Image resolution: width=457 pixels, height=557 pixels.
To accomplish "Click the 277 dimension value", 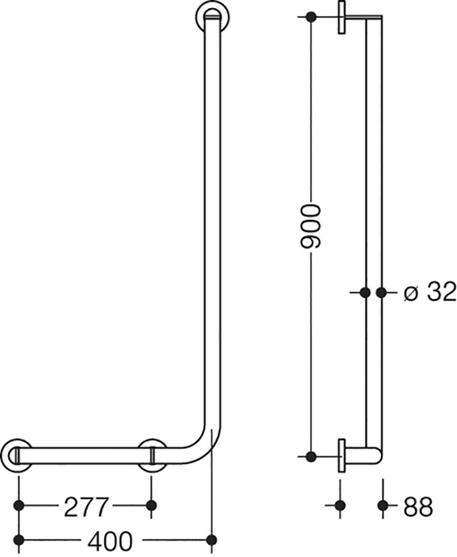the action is click(86, 507).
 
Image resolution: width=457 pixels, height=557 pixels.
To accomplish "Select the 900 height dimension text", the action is click(311, 226).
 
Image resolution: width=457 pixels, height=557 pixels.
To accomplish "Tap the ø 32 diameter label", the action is click(430, 293).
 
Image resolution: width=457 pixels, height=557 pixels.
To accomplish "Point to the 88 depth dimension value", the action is click(418, 506).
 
